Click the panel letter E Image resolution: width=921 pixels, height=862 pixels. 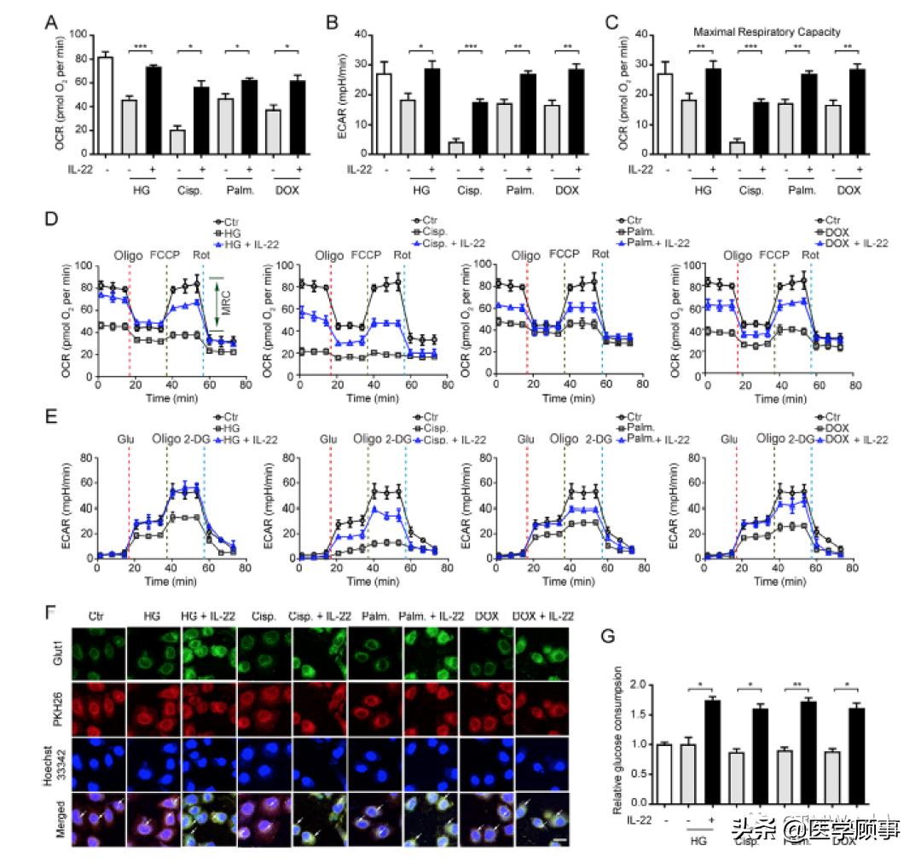(50, 419)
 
